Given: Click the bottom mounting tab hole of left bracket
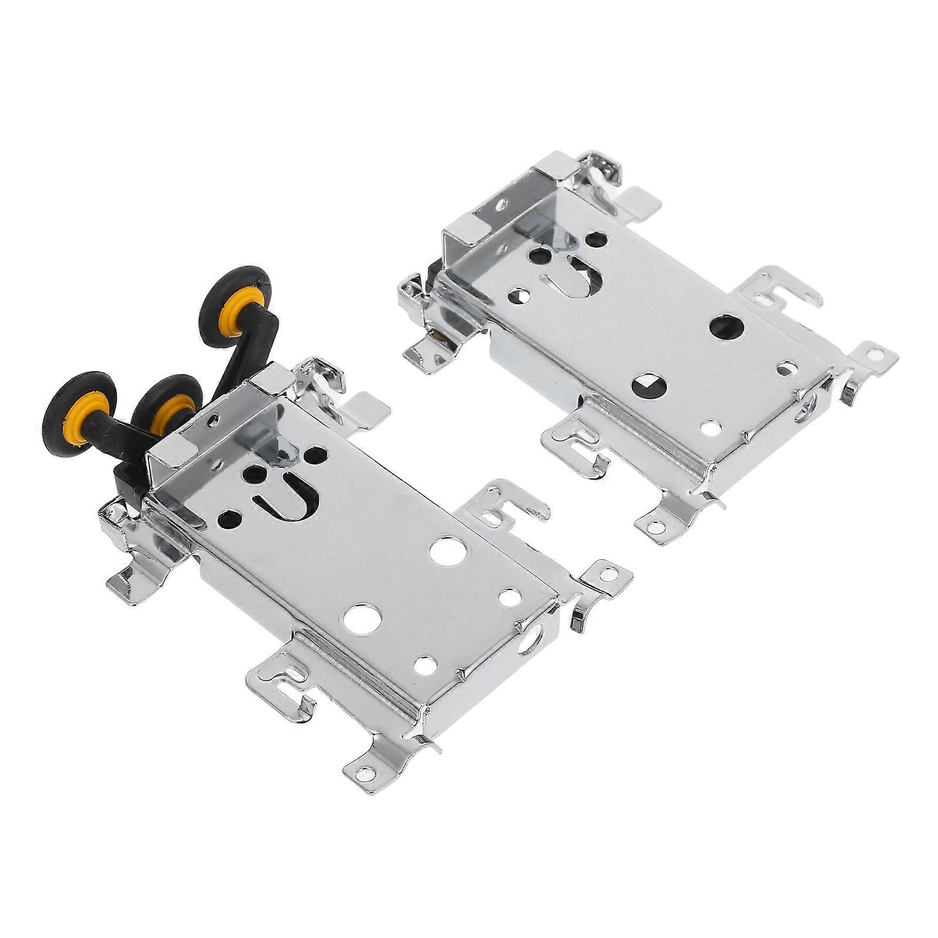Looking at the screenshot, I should [365, 774].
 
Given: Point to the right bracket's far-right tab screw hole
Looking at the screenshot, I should [875, 354].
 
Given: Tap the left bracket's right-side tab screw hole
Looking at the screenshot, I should [609, 574].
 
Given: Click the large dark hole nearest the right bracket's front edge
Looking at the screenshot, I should [649, 385].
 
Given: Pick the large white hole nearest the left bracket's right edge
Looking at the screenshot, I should [448, 551].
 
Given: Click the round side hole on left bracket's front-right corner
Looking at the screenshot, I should [530, 638].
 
